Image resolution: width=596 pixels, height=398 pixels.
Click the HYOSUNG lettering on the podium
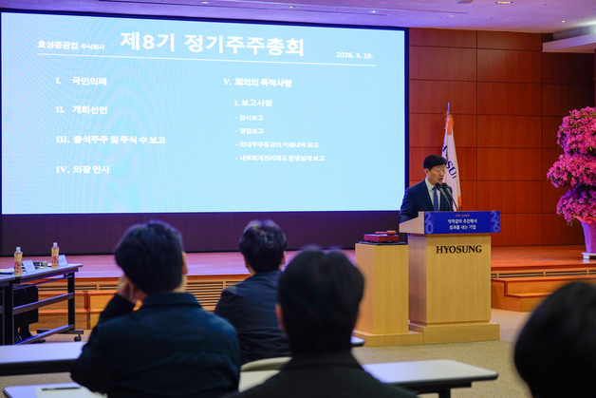click(x=458, y=249)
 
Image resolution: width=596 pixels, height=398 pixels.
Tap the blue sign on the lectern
click(x=461, y=222)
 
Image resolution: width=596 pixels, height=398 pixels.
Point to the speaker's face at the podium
click(x=435, y=172)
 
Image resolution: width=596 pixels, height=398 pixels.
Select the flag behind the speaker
click(x=451, y=161)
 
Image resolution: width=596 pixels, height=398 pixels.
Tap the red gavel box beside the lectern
click(x=382, y=237)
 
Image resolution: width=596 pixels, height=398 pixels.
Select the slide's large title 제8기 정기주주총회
click(x=212, y=44)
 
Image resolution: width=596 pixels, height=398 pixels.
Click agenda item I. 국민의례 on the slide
click(x=82, y=82)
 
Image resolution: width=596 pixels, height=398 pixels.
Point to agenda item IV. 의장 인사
click(x=83, y=169)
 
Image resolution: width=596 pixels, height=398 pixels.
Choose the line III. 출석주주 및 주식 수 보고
click(x=110, y=140)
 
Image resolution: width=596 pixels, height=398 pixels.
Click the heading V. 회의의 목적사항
click(x=257, y=83)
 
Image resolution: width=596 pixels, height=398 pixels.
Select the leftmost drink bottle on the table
click(x=18, y=259)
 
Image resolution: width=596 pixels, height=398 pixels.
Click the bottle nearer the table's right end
click(x=55, y=254)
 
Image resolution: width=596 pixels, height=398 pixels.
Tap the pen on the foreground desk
click(x=59, y=388)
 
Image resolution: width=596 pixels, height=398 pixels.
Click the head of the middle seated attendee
click(x=263, y=246)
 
